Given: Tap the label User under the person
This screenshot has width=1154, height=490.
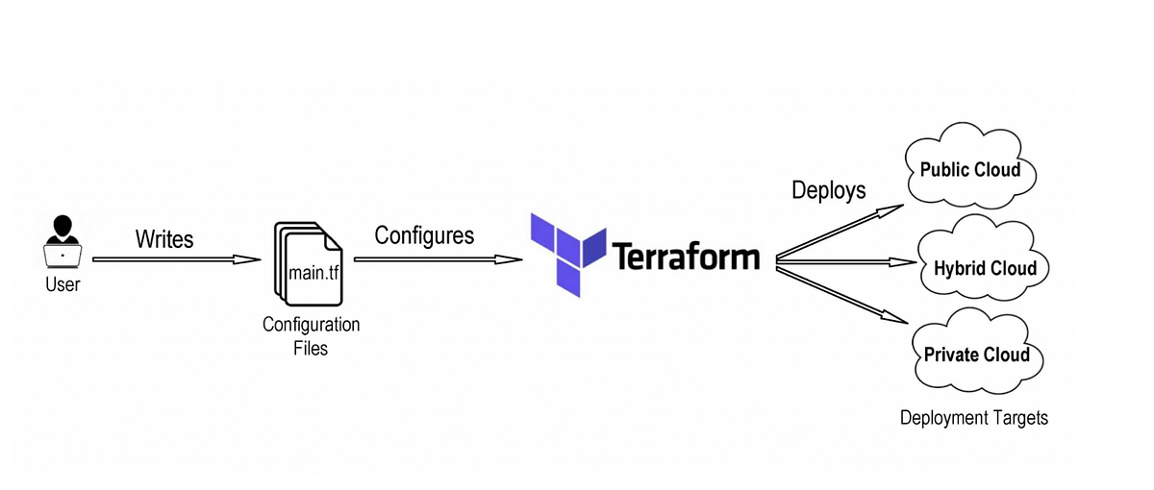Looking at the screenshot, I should (63, 284).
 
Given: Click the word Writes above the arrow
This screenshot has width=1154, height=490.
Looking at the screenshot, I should (164, 237).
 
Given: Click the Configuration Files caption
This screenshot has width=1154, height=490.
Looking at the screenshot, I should (311, 335).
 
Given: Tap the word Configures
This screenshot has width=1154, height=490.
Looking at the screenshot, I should (424, 235).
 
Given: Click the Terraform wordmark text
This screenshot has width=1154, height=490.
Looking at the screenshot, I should (685, 257).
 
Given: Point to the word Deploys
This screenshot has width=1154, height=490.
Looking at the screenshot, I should (828, 189).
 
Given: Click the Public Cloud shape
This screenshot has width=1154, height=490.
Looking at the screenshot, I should (970, 171).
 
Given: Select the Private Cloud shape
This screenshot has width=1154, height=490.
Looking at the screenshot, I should (976, 355).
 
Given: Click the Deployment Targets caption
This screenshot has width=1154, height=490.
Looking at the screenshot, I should (973, 418).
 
